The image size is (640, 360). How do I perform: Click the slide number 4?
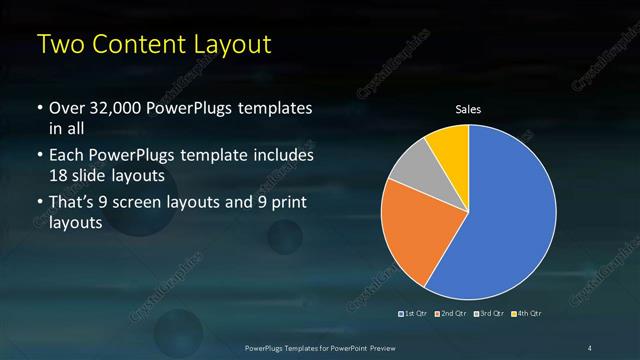(590, 347)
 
